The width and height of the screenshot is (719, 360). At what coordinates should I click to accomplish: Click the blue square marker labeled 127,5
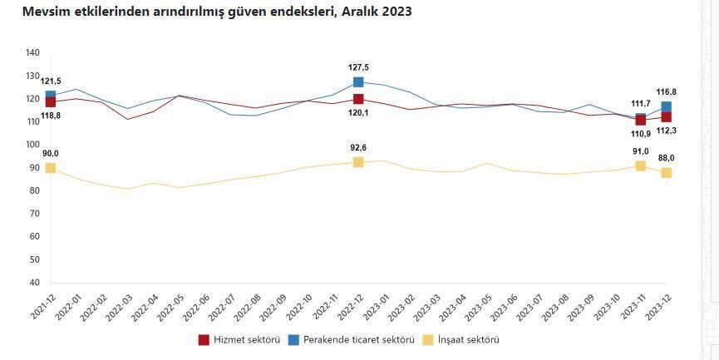tap(358, 82)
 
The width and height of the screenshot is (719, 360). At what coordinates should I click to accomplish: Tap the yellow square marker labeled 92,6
tap(358, 162)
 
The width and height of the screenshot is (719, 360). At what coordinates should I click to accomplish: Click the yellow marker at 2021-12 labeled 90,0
tap(51, 168)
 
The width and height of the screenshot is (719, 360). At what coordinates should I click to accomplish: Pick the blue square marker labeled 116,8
tap(666, 106)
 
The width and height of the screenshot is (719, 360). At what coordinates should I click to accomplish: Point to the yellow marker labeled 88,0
tap(666, 173)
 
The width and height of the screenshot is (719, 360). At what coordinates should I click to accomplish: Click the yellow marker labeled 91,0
tap(641, 166)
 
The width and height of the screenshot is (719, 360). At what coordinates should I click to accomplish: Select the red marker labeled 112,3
tap(666, 117)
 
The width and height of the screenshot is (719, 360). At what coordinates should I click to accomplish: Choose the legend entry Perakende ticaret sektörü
tap(348, 339)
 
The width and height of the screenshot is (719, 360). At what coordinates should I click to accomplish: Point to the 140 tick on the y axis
tap(33, 53)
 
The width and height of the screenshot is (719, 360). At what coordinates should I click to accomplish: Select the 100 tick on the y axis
tap(33, 145)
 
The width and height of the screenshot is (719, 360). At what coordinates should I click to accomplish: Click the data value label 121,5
tap(51, 81)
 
